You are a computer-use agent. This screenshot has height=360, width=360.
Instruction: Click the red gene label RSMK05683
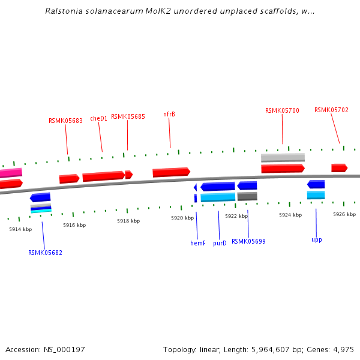(x=65, y=121)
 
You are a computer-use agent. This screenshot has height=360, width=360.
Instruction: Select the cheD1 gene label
(x=99, y=118)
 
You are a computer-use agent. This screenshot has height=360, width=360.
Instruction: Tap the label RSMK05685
(x=128, y=116)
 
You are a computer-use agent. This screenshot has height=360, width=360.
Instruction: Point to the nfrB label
(x=169, y=114)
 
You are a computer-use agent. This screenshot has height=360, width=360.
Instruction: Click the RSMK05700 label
(x=282, y=110)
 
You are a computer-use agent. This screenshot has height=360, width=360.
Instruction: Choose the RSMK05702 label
(x=331, y=110)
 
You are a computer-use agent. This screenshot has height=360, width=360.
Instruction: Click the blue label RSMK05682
(x=45, y=253)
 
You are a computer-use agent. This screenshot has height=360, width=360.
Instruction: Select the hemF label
(x=198, y=243)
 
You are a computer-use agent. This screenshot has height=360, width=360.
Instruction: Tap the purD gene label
(x=220, y=243)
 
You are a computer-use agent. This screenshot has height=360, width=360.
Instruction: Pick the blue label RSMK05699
(x=248, y=241)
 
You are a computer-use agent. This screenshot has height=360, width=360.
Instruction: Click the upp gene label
(x=317, y=239)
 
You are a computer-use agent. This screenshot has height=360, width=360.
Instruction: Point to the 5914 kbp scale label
(x=20, y=229)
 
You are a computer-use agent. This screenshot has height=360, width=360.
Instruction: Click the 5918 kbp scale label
(x=128, y=221)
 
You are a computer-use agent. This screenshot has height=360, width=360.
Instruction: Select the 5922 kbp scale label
(x=236, y=216)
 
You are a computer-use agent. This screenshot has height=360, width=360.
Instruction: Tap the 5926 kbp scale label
(x=344, y=214)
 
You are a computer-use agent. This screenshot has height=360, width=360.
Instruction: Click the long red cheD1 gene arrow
(x=104, y=176)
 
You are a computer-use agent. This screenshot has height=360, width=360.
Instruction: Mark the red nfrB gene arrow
(x=171, y=172)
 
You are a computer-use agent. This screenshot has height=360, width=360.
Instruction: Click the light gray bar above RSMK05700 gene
(x=283, y=158)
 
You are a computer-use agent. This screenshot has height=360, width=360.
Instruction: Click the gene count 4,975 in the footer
(x=341, y=349)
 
